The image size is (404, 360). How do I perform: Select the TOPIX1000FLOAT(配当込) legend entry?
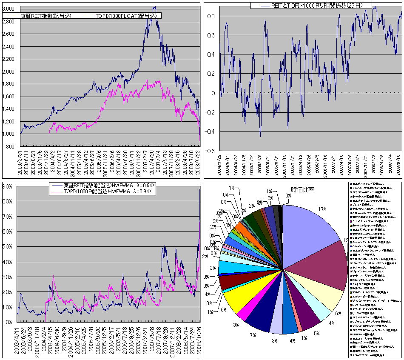[x=127, y=16]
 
